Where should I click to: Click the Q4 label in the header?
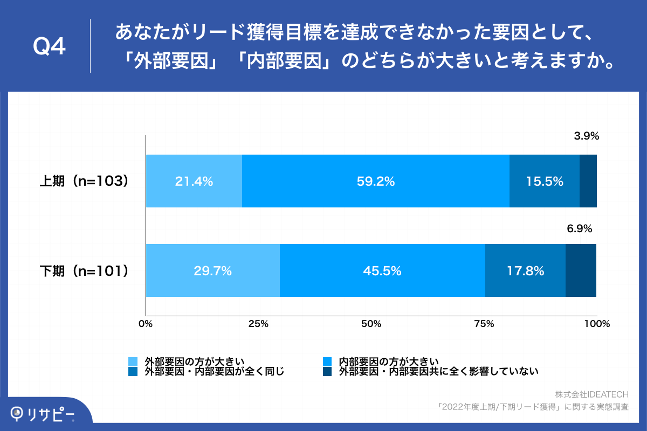point(49,47)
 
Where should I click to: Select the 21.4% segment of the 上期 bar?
point(194,182)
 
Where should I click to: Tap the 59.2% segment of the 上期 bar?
point(376,182)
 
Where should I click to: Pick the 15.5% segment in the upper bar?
point(545,182)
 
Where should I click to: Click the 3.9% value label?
point(586,137)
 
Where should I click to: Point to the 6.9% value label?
point(579,228)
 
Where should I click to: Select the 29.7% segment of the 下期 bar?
point(212,271)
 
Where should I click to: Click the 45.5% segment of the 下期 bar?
point(382,271)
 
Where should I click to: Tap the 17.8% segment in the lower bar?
point(525,271)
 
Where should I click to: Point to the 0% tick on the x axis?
point(146,324)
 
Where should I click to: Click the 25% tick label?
point(258,324)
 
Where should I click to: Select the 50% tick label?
point(371,324)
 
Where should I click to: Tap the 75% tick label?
point(484,324)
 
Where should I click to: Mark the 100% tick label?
point(596,324)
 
